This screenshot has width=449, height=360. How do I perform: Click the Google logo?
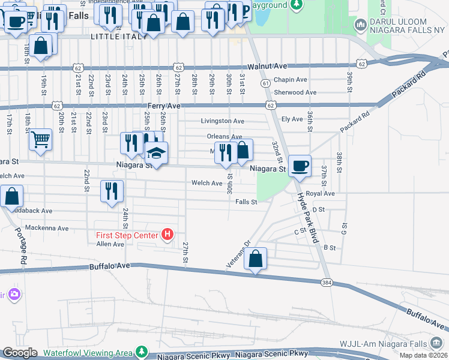[x=20, y=353]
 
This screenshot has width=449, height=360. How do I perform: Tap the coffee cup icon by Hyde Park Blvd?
[x=300, y=166]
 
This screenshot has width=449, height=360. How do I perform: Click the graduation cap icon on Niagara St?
[x=156, y=154]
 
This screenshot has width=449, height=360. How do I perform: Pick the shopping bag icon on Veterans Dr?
[x=256, y=259]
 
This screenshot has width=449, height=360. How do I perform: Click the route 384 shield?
[x=327, y=281]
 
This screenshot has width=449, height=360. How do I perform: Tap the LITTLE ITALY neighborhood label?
[x=118, y=37]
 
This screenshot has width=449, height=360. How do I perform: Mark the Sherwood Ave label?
[x=295, y=92]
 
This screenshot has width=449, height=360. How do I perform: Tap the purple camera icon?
[x=13, y=295]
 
